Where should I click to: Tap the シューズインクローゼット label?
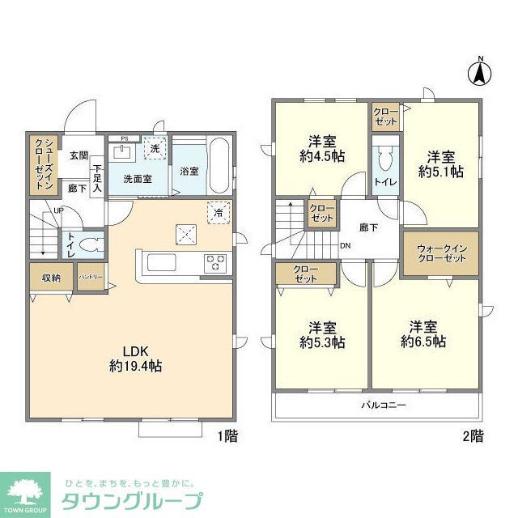(43, 164)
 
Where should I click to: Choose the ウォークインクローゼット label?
(441, 252)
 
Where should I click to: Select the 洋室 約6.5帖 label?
(423, 334)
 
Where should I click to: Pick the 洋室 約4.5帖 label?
(322, 147)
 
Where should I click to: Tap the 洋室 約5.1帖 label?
(441, 163)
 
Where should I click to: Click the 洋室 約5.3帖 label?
(322, 334)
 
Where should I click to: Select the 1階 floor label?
(227, 436)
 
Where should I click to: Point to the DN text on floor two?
(345, 246)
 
